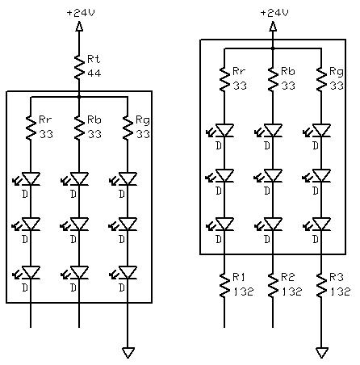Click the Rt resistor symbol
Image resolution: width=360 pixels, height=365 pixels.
79,67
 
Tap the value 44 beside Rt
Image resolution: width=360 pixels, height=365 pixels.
94,73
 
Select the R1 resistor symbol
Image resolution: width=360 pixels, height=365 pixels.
224,285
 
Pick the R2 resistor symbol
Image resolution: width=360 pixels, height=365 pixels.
273,285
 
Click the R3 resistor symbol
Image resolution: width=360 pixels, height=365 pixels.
321,285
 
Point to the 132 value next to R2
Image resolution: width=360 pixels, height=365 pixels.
292,292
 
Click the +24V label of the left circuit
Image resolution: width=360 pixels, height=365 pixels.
81,13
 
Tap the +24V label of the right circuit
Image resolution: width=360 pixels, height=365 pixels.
274,13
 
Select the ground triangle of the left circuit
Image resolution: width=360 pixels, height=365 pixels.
128,352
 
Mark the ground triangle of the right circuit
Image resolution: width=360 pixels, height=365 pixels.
321,352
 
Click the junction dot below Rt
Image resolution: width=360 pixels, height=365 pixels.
79,97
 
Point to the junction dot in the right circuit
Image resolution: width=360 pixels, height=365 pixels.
273,48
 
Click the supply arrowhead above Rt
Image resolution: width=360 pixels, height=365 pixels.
79,27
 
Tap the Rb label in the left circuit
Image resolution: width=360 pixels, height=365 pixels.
94,120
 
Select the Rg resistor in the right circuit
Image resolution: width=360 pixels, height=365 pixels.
321,79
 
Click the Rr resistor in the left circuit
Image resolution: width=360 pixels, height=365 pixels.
31,128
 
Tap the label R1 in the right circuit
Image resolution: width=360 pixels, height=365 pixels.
239,277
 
